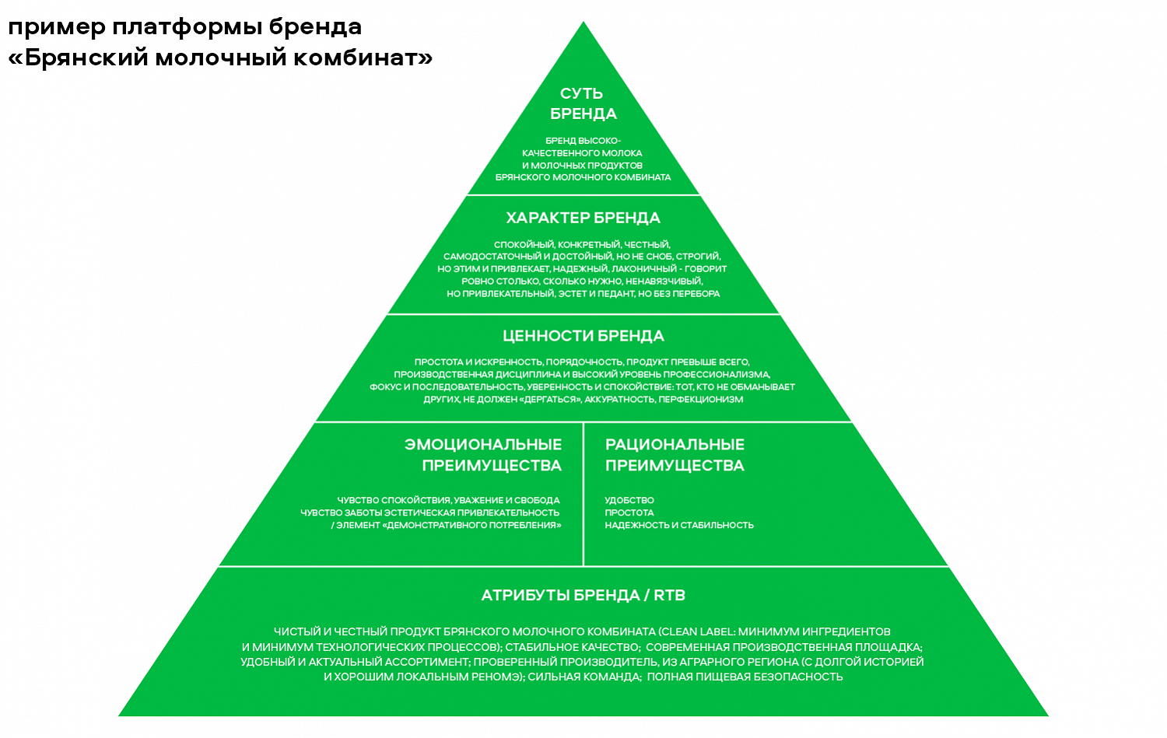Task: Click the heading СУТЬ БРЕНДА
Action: click(583, 103)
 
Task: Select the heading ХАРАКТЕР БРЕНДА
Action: click(583, 218)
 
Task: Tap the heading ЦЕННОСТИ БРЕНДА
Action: click(583, 336)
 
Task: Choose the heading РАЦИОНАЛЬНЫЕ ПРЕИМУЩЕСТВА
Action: click(675, 455)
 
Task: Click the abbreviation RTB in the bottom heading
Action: click(669, 596)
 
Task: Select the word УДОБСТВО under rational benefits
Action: click(629, 501)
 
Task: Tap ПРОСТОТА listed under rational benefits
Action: click(629, 513)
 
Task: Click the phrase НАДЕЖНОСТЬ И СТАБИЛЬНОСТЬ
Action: click(679, 526)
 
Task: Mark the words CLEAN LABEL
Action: click(697, 632)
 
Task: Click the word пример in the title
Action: click(56, 28)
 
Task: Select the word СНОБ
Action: click(659, 257)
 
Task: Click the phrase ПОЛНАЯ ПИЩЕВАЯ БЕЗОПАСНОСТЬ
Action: click(745, 677)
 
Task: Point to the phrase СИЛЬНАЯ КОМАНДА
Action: click(583, 677)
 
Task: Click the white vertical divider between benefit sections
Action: click(583, 494)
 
